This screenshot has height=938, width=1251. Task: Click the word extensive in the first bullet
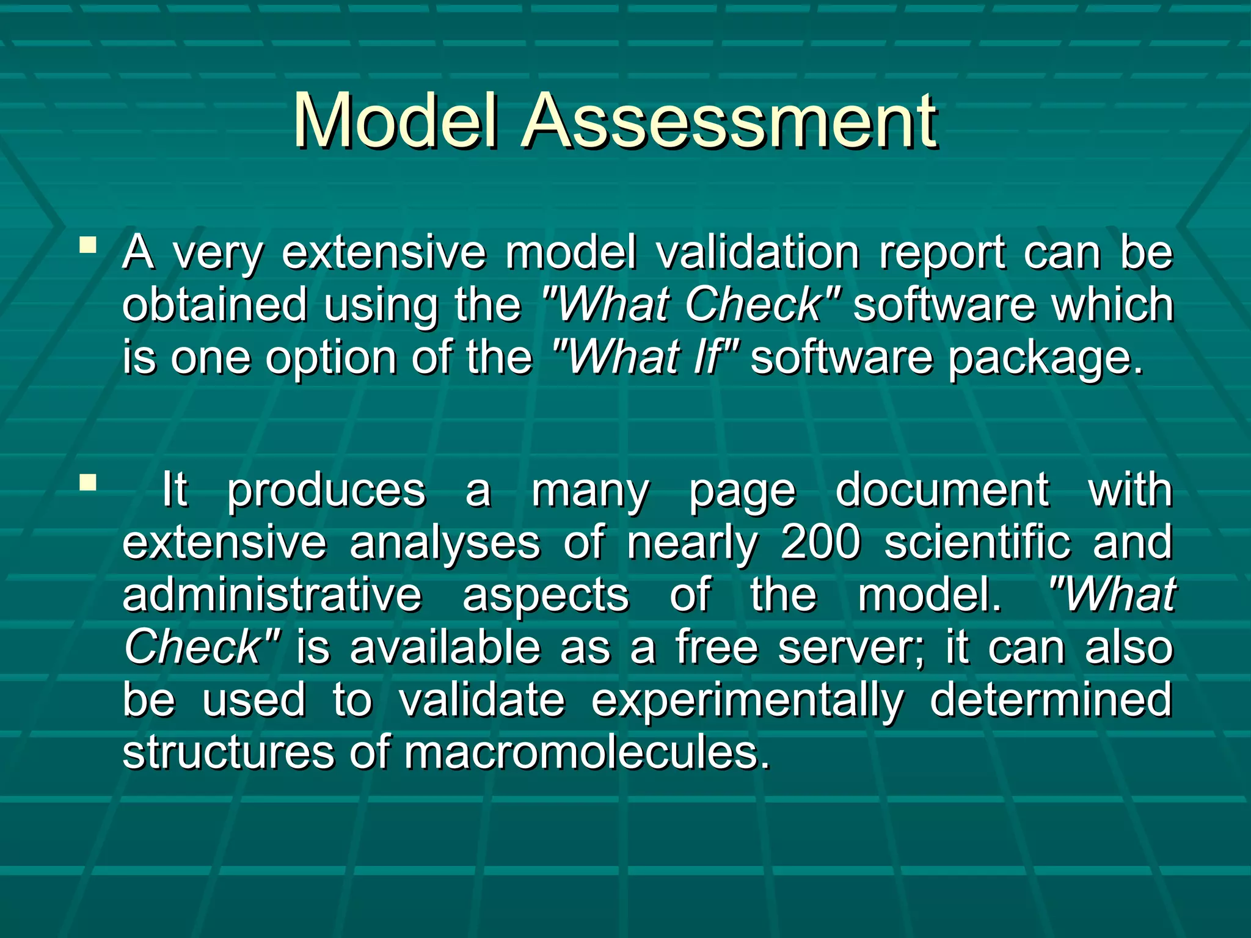click(x=384, y=252)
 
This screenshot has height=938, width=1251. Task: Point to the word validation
click(x=757, y=252)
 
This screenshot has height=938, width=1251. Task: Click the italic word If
click(x=709, y=357)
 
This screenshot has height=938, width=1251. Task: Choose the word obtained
click(x=214, y=305)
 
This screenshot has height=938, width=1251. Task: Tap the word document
click(x=942, y=490)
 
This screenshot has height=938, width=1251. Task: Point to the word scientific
click(x=977, y=542)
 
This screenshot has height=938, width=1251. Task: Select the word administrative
click(x=272, y=595)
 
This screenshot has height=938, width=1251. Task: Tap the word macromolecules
click(x=586, y=752)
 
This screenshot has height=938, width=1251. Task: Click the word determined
click(x=1051, y=700)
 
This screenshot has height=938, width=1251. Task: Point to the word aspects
click(x=545, y=596)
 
